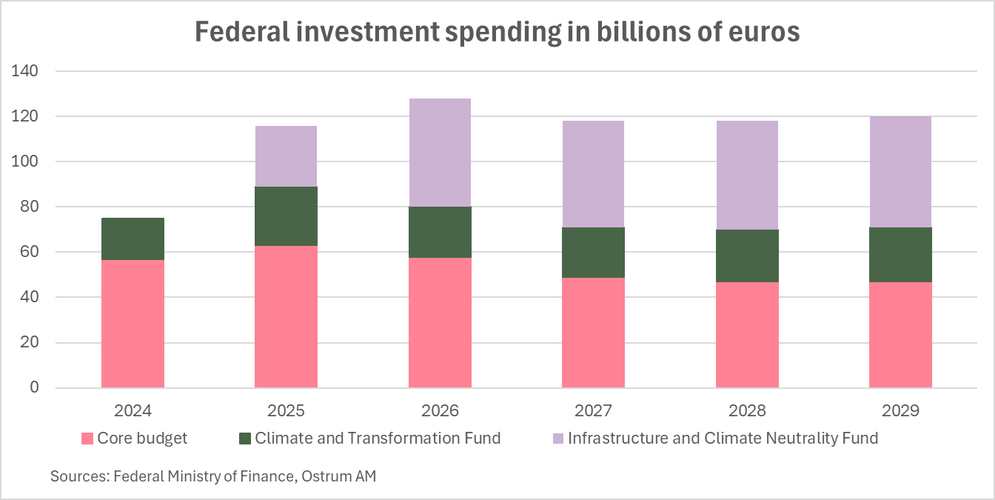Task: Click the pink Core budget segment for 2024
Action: (133, 324)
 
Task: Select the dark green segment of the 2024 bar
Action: (133, 239)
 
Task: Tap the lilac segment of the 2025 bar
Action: (286, 156)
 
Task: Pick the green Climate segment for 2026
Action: (440, 232)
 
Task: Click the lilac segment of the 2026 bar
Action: (440, 153)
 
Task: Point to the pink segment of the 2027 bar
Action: (593, 333)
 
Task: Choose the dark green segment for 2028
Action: (747, 256)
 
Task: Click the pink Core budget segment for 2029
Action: (900, 335)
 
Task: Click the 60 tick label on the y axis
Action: (27, 252)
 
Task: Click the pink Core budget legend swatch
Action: (86, 439)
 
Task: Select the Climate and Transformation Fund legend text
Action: (378, 439)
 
